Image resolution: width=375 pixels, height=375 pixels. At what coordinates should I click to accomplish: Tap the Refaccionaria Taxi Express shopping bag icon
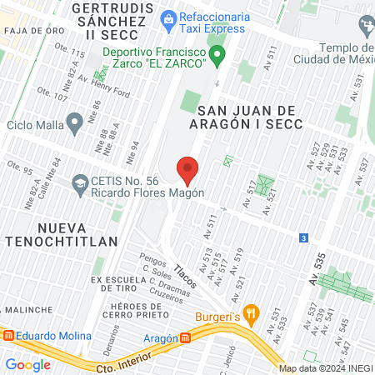tap(169, 17)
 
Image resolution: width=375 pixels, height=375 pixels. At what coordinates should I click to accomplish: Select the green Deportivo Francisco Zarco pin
tap(218, 57)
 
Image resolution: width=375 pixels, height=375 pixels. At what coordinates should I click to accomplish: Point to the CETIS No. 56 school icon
tap(80, 183)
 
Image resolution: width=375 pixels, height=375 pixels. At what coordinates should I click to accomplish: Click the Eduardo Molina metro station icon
tap(8, 336)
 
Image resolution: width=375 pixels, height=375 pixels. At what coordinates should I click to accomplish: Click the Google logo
tap(28, 364)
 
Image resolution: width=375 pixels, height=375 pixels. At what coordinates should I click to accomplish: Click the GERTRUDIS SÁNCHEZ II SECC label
tap(111, 22)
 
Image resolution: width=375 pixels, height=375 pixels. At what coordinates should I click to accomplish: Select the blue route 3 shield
tap(302, 237)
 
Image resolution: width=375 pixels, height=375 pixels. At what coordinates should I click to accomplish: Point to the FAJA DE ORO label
tap(32, 31)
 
